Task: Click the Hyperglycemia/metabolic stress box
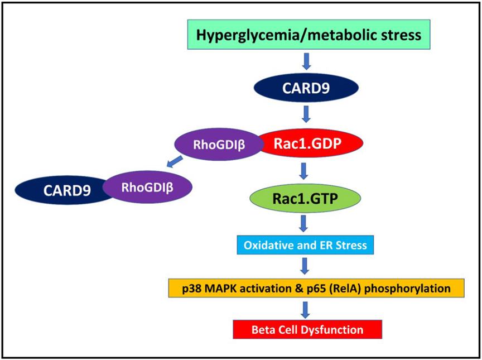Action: pyautogui.click(x=309, y=35)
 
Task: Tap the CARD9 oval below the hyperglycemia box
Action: pyautogui.click(x=306, y=88)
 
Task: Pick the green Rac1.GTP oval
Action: pyautogui.click(x=305, y=198)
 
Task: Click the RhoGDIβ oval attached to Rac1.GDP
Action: pyautogui.click(x=218, y=144)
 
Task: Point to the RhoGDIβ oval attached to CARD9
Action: pyautogui.click(x=147, y=187)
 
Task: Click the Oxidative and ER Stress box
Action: pyautogui.click(x=305, y=245)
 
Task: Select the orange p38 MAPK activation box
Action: pyautogui.click(x=316, y=288)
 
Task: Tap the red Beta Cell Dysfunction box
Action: pyautogui.click(x=307, y=329)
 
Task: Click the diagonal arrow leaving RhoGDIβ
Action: pyautogui.click(x=174, y=162)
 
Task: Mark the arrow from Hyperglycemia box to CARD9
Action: pyautogui.click(x=306, y=61)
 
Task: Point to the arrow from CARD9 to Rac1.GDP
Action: pyautogui.click(x=306, y=114)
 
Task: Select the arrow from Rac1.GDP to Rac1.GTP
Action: pyautogui.click(x=303, y=171)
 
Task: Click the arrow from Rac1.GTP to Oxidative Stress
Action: pyautogui.click(x=303, y=223)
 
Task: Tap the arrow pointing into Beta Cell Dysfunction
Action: pyautogui.click(x=305, y=310)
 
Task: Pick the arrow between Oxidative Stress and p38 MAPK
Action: pyautogui.click(x=305, y=266)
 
